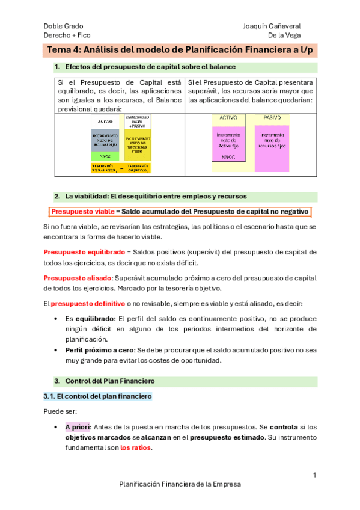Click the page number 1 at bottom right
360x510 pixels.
click(314, 475)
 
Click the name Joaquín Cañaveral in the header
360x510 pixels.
click(272, 26)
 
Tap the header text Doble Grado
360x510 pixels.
click(63, 26)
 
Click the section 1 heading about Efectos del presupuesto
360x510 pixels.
click(150, 67)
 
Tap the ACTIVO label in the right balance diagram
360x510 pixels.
click(228, 118)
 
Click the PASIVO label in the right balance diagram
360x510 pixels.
click(272, 118)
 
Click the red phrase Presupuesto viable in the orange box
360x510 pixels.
click(82, 212)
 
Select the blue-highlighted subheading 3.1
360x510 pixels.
click(98, 397)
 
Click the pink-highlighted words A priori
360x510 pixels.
click(77, 427)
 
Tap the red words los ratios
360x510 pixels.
click(136, 447)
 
